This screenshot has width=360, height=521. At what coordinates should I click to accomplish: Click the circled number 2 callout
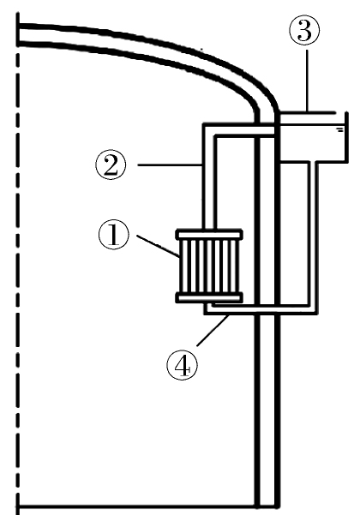111,165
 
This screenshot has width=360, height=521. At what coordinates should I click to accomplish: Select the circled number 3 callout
304,30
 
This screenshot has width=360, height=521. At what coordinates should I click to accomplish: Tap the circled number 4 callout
182,365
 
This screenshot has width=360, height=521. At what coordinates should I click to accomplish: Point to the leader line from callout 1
159,246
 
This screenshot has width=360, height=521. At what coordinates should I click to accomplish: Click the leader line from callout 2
171,165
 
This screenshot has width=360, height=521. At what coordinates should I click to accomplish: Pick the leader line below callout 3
308,81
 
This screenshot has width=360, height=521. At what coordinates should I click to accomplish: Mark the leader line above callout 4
213,330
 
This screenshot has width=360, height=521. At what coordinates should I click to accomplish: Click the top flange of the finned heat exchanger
209,235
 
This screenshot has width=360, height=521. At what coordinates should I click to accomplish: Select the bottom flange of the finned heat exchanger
209,297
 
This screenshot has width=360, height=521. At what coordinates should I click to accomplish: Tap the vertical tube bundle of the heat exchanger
209,266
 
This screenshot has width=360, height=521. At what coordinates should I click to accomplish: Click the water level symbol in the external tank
339,129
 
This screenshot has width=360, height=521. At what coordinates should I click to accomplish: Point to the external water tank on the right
314,137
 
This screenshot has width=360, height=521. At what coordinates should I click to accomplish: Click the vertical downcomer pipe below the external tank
314,237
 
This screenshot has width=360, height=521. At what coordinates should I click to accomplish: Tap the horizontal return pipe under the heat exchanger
261,309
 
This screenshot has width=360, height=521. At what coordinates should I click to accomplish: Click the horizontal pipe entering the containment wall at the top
239,129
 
